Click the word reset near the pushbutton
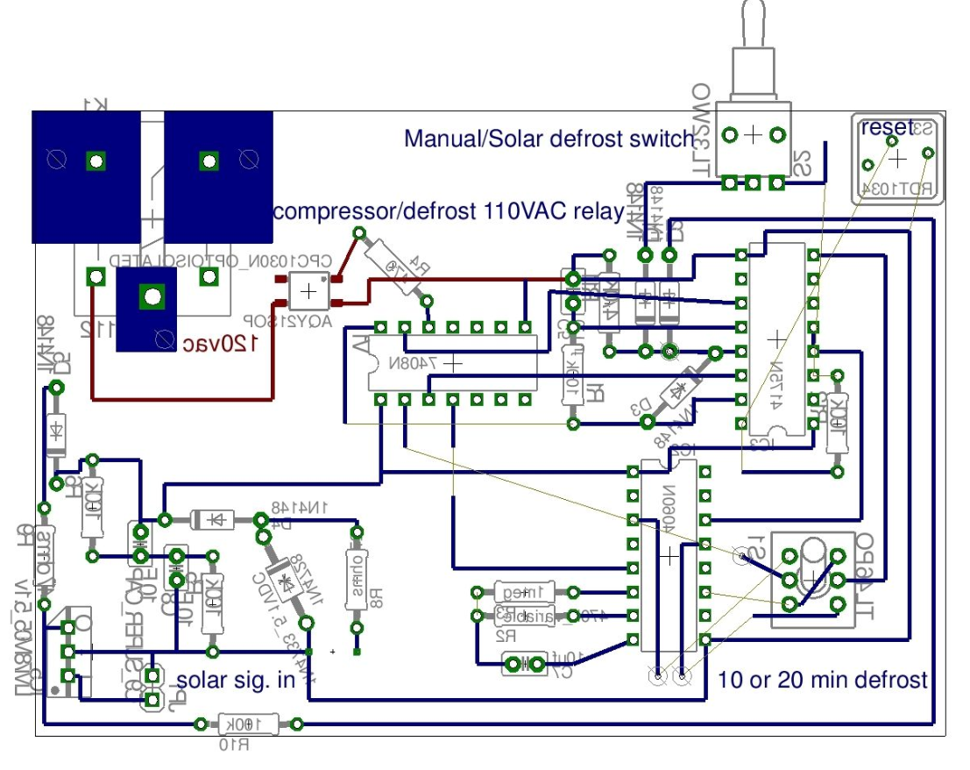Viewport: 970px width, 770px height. [886, 127]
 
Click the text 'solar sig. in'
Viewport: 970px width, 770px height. [235, 681]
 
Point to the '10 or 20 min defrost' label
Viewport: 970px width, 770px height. [822, 679]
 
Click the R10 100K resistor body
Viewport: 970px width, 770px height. [249, 724]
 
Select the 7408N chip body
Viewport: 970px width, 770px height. [452, 363]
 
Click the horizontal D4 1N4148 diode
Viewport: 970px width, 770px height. [211, 519]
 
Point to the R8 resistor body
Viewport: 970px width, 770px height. [357, 580]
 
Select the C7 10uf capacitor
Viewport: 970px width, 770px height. [526, 666]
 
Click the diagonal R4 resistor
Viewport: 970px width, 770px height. [393, 266]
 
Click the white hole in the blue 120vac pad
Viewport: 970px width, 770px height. [152, 296]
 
